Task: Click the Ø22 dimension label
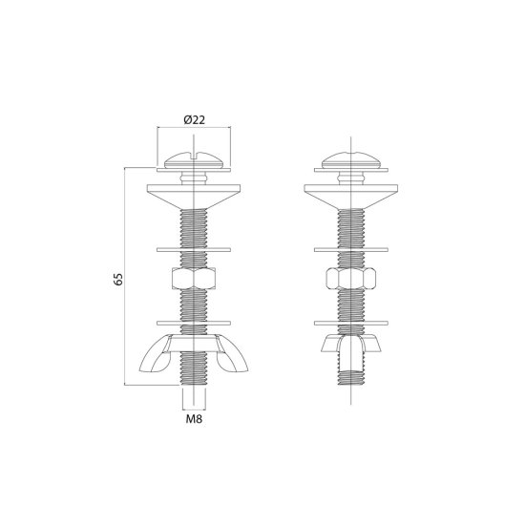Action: pyautogui.click(x=194, y=120)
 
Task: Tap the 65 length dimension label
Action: pyautogui.click(x=118, y=280)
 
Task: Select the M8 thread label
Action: pyautogui.click(x=194, y=418)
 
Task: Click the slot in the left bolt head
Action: pyautogui.click(x=194, y=156)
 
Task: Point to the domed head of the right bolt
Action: pyautogui.click(x=351, y=160)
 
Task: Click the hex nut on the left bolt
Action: pyautogui.click(x=194, y=278)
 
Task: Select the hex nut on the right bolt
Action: pyautogui.click(x=351, y=278)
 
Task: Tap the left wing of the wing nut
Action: pyautogui.click(x=155, y=359)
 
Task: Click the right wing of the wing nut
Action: pyautogui.click(x=233, y=359)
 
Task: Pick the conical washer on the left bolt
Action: pyautogui.click(x=194, y=196)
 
